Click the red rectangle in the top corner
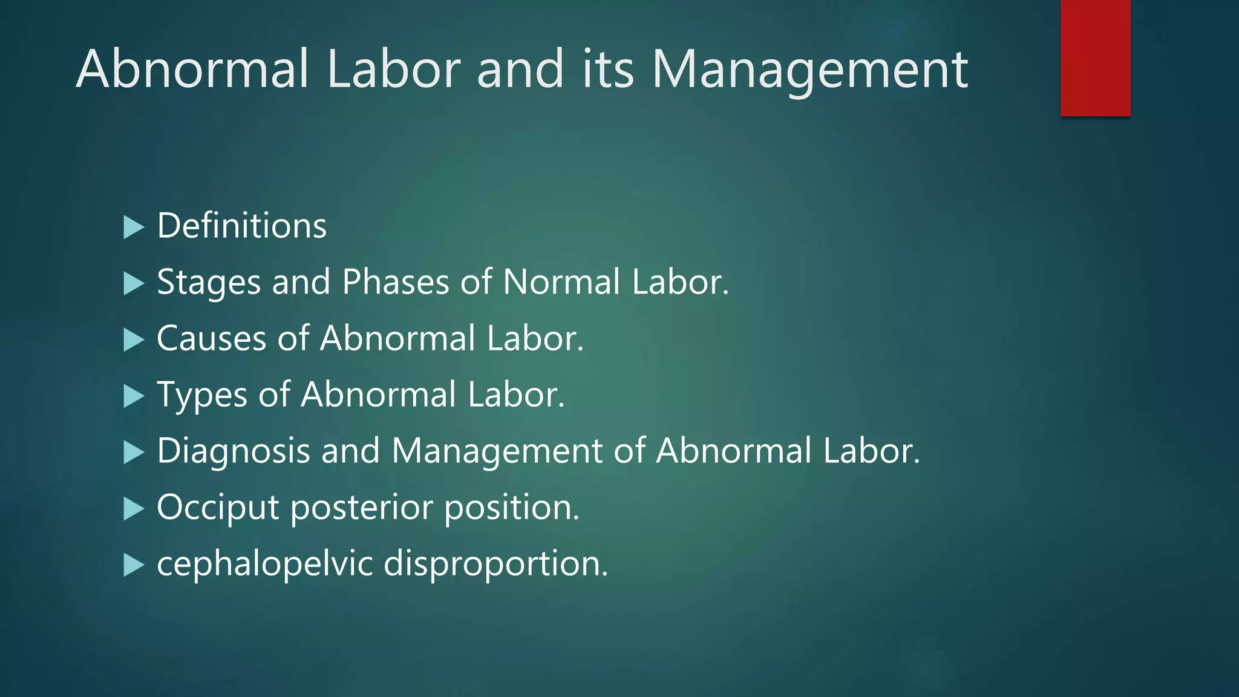tap(1095, 57)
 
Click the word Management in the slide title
tap(809, 70)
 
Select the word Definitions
tap(241, 226)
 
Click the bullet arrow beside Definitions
tap(134, 227)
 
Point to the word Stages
tap(209, 283)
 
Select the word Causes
tap(211, 338)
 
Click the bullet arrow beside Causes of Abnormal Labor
tap(134, 340)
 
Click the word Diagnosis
tap(233, 451)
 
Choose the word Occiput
tap(218, 508)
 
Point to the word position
tap(512, 508)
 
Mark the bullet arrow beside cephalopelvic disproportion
tap(134, 565)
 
